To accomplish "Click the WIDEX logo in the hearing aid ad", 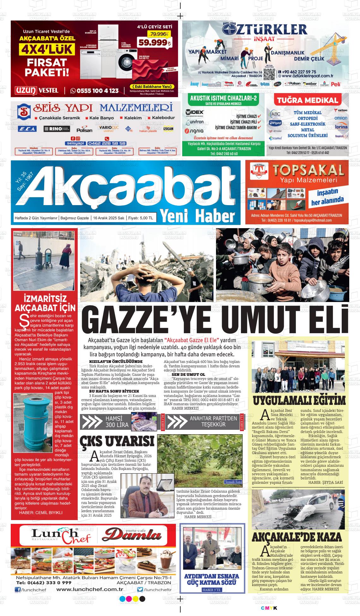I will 195,112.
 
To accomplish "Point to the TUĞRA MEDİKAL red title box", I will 307,101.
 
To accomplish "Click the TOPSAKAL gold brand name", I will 308,171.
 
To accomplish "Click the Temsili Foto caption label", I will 233,482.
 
